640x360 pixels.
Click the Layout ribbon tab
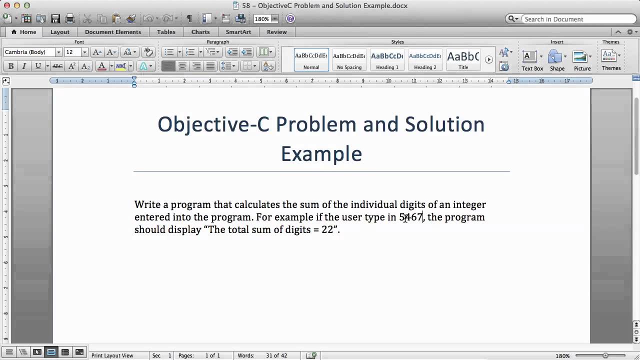coord(60,32)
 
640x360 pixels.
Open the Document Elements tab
coord(113,32)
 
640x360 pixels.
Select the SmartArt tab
coord(238,32)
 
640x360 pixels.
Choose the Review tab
coord(276,32)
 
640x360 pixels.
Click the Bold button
coord(10,66)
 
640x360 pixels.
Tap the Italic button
coord(24,66)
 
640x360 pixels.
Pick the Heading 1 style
coord(387,59)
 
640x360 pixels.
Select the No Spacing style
coord(349,59)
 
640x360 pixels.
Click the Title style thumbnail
coord(463,59)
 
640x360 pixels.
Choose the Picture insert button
coord(582,60)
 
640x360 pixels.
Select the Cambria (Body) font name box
coord(29,52)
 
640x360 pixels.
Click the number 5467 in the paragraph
coord(411,217)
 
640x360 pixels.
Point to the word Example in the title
coord(321,153)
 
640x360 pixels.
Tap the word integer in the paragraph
coord(469,204)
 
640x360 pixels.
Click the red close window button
coord(6,5)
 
